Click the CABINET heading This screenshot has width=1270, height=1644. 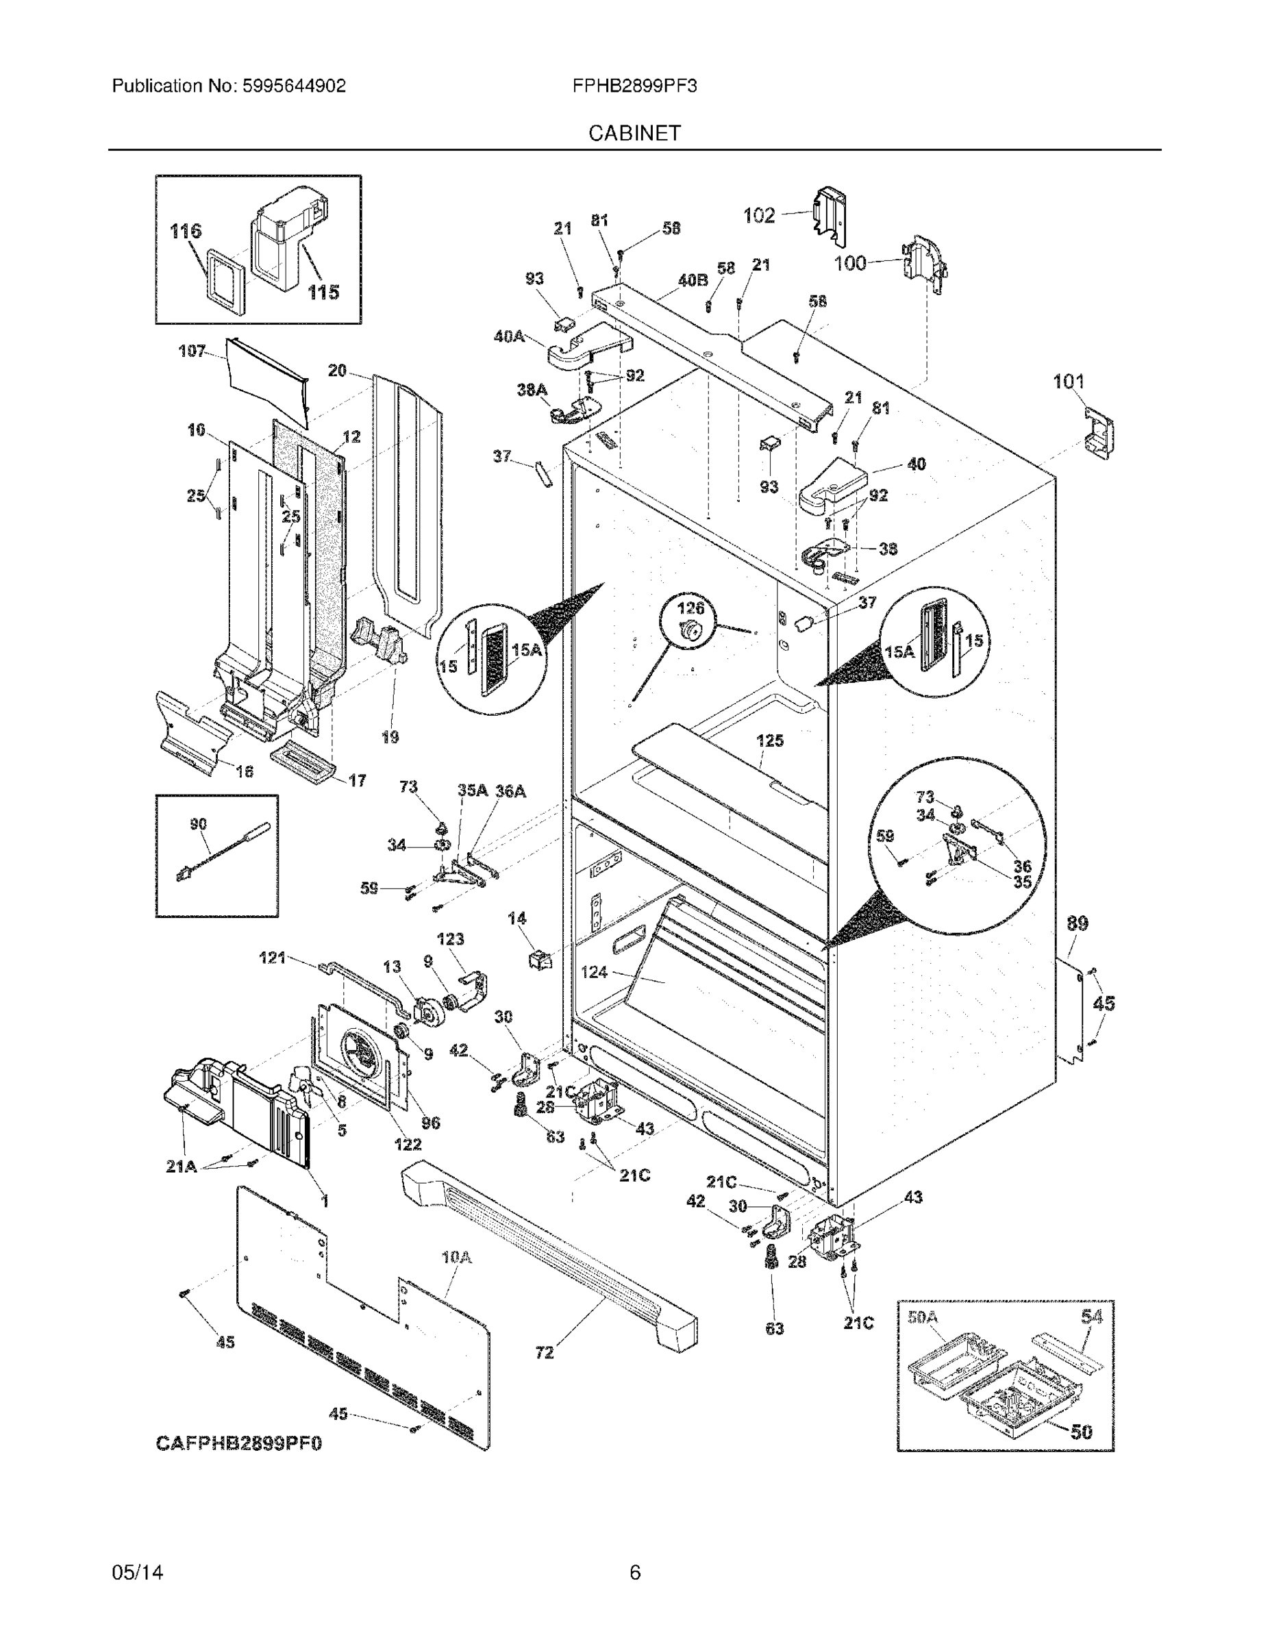coord(634,134)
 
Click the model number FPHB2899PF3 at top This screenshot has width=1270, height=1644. coord(634,86)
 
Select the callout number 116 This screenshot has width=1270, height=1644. coord(186,231)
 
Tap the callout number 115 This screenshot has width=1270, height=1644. coord(324,292)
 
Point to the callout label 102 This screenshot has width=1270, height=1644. coord(759,216)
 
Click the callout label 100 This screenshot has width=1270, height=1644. coord(850,263)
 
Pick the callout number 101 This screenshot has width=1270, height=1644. coord(1068,382)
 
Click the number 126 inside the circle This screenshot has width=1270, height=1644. coord(691,608)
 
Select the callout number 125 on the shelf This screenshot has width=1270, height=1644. coord(770,740)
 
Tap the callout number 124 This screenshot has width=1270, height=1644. coord(594,973)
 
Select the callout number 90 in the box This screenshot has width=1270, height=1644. coord(198,825)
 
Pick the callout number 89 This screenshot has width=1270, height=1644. coord(1078,923)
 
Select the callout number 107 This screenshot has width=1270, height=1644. coord(192,351)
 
